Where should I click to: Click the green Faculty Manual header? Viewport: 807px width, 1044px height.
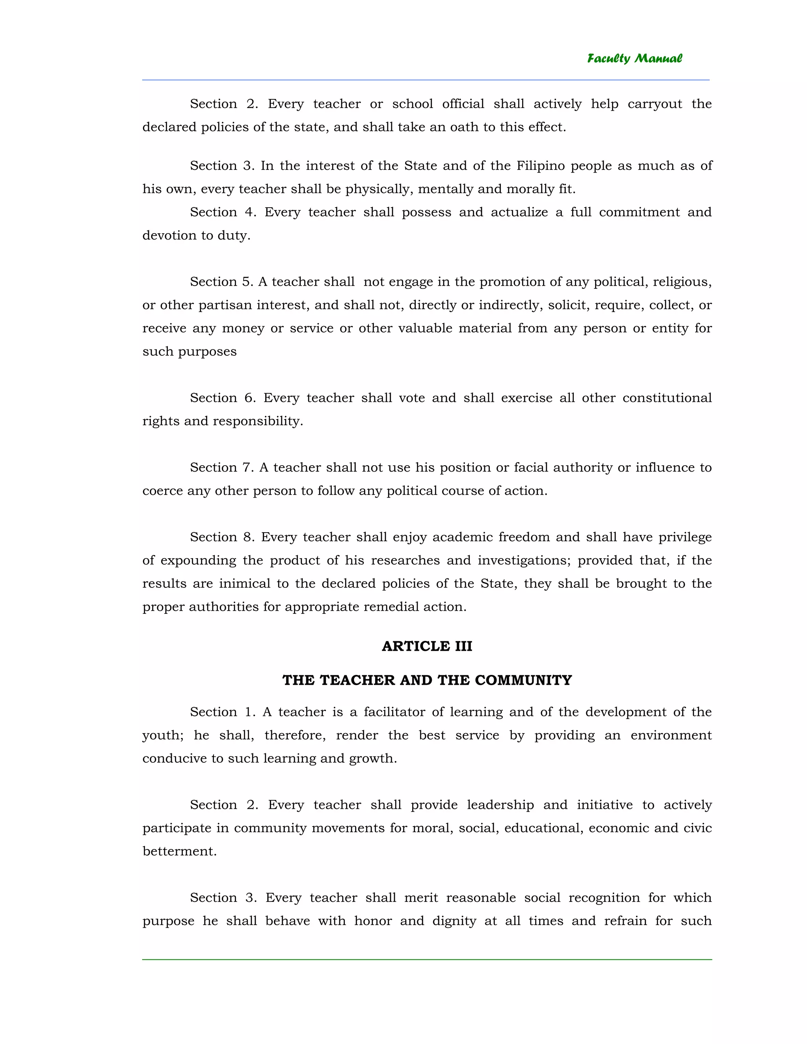click(x=634, y=58)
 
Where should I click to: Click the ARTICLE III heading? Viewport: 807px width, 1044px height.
click(x=427, y=646)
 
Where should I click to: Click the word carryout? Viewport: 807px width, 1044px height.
click(x=655, y=104)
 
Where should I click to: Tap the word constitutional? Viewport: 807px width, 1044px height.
click(x=667, y=398)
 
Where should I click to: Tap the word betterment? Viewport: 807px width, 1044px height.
click(x=179, y=851)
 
